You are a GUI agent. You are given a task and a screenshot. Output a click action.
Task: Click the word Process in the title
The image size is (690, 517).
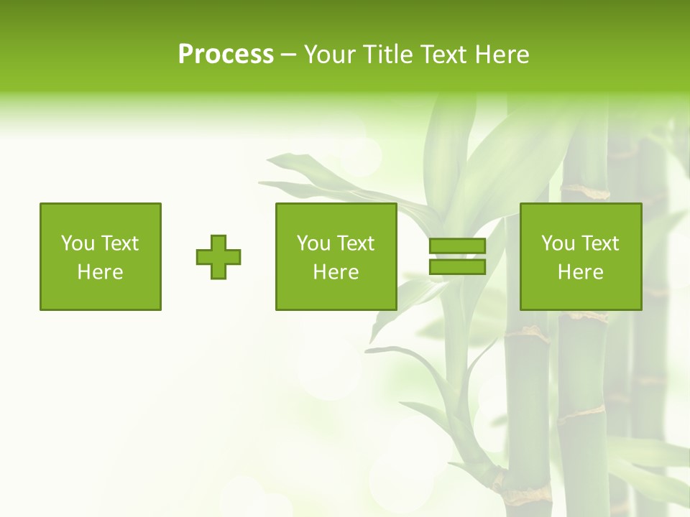click(x=226, y=55)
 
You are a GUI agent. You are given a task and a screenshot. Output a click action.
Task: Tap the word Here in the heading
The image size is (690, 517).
click(x=501, y=55)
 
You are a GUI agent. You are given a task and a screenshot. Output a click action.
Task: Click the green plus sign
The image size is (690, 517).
click(x=218, y=257)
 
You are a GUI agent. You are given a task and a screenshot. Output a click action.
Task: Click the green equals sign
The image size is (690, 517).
click(x=457, y=256)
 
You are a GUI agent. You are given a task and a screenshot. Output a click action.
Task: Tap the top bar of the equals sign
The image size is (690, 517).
click(x=457, y=246)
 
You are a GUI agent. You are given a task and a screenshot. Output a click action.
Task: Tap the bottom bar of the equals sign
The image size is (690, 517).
click(x=457, y=266)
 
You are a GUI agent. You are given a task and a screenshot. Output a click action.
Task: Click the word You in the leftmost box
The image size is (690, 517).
click(x=78, y=243)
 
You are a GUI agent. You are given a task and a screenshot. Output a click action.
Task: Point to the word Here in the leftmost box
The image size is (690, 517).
click(x=101, y=272)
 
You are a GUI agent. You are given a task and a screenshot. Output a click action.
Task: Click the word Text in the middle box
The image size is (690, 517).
click(x=356, y=243)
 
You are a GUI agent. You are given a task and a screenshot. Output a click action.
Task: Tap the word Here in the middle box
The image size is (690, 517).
click(x=336, y=272)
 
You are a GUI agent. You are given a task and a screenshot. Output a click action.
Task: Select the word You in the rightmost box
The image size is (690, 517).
click(x=558, y=243)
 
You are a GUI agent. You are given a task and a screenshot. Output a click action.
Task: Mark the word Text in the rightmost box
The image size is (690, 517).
click(x=600, y=243)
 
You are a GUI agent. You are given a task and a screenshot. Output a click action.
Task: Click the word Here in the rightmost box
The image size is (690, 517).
click(x=581, y=272)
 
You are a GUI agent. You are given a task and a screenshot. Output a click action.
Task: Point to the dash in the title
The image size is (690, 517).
click(x=288, y=55)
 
